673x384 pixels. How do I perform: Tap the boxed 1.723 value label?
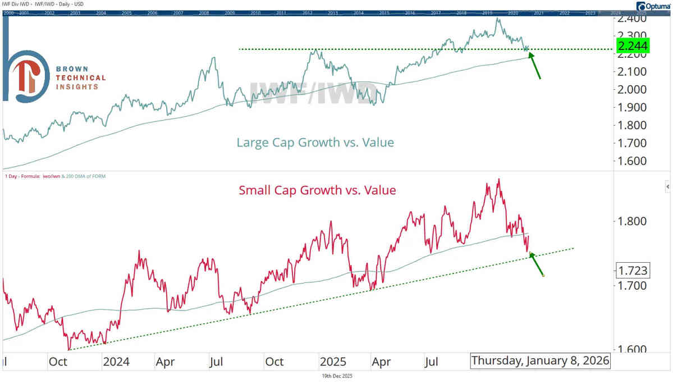coord(633,271)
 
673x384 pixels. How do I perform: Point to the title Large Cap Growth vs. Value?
coord(315,143)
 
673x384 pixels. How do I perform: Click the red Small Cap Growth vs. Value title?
coord(317,190)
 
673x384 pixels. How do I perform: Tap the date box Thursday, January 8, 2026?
coord(540,361)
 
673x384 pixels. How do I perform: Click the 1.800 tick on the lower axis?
coord(633,221)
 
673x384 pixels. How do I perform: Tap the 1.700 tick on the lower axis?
coord(633,285)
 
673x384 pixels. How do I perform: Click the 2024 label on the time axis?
coord(116,362)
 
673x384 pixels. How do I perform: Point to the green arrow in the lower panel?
coord(537,264)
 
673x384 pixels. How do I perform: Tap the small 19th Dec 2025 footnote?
coord(336,376)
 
